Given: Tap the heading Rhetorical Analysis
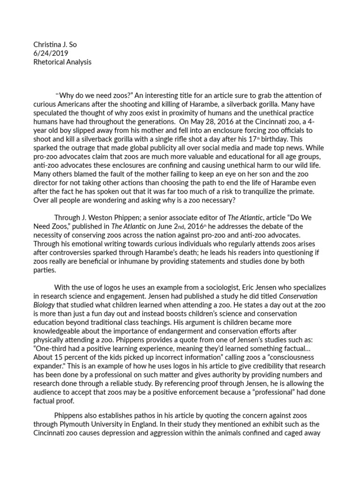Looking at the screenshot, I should pos(62,62).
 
